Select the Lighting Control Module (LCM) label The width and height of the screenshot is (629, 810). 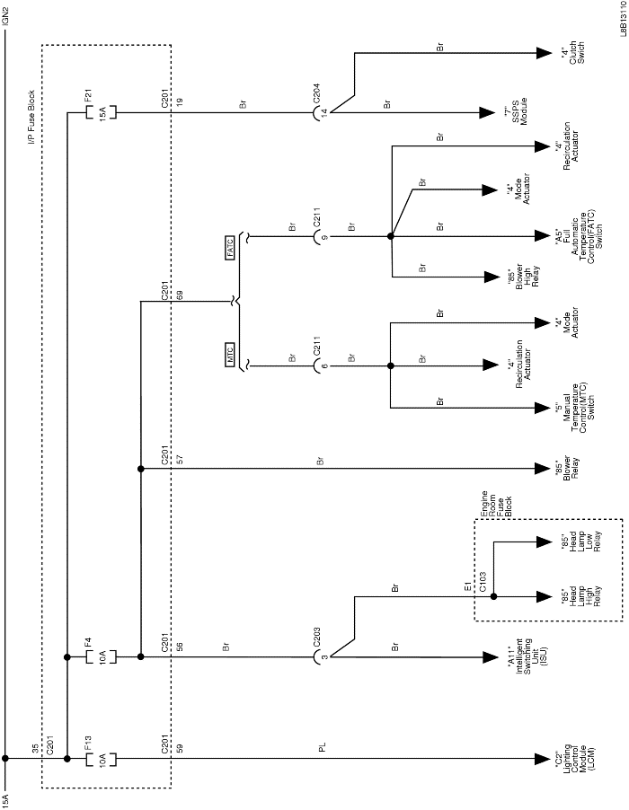point(569,759)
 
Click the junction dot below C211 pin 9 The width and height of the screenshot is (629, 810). point(391,238)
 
